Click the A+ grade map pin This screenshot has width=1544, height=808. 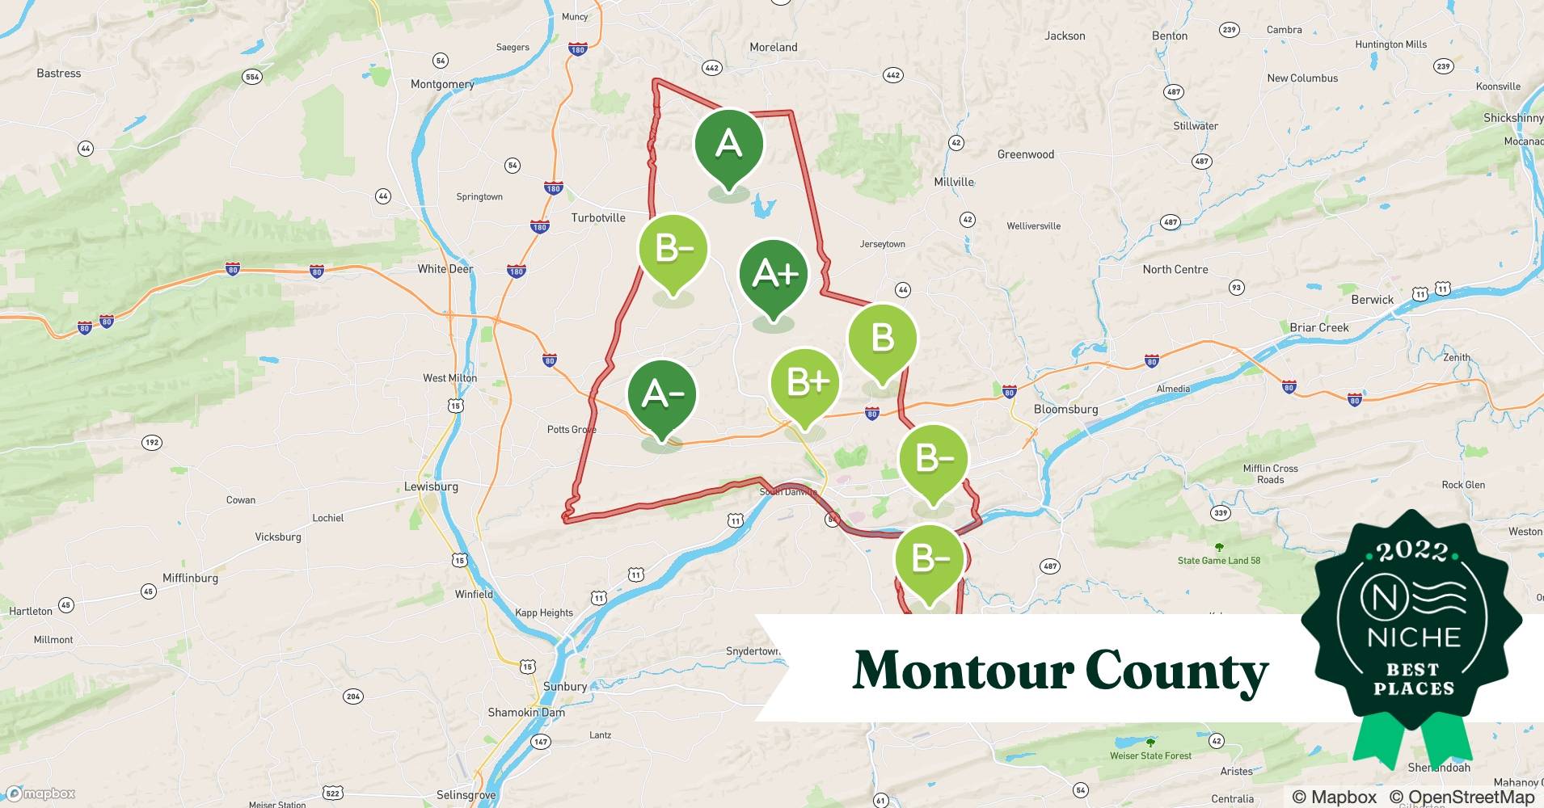pos(774,276)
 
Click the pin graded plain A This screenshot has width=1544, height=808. pos(728,145)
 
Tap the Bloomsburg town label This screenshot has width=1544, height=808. pos(1065,409)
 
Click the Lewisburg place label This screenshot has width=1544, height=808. pos(431,486)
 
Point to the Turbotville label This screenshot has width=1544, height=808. pos(598,217)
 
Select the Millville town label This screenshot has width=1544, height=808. pos(954,182)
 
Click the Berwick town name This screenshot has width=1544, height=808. pos(1373,299)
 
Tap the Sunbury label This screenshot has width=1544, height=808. pos(565,686)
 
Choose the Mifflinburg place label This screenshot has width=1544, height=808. pos(190,578)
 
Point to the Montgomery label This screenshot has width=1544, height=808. pos(442,84)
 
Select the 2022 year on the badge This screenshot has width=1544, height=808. pos(1412,552)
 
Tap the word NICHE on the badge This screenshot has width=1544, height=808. pos(1414,637)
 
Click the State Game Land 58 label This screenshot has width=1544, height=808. pos(1218,560)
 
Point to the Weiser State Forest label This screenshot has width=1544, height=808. pos(1150,755)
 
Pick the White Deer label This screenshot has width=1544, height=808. pos(445,268)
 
